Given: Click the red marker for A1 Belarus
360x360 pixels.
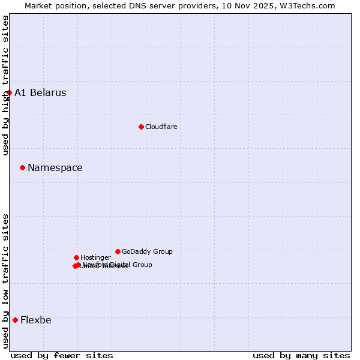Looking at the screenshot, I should click(9, 92).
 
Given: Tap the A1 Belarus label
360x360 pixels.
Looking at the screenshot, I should click(40, 93).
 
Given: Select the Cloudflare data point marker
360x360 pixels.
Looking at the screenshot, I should click(141, 127).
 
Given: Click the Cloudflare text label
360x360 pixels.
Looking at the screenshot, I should click(161, 127).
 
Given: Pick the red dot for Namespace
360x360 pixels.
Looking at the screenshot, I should click(22, 167).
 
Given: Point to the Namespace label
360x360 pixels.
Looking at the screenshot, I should click(55, 168).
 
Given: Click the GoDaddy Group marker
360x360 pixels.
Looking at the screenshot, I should click(118, 251).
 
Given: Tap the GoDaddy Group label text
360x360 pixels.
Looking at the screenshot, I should click(147, 252).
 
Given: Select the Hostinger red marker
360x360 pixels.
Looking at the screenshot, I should click(76, 257).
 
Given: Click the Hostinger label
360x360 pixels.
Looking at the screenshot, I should click(95, 258).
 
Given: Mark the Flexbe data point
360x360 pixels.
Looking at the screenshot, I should click(15, 320).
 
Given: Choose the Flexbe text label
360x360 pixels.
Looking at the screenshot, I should click(36, 320).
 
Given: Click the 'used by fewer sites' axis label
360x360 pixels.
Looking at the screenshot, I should click(62, 355).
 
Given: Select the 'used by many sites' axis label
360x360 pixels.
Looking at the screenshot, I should click(301, 355).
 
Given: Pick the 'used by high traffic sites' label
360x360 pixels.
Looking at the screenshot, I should click(6, 86).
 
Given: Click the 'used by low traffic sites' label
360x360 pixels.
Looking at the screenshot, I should click(6, 281).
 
